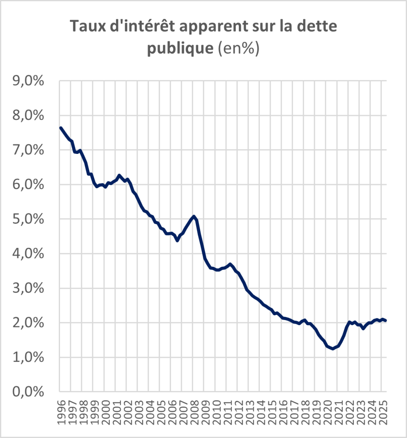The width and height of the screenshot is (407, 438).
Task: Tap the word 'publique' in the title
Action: [180, 48]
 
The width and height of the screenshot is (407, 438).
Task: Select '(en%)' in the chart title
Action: [238, 48]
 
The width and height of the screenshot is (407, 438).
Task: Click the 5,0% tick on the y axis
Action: [28, 219]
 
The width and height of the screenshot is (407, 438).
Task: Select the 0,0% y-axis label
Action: [28, 392]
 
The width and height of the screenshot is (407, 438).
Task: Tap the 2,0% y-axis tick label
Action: [28, 323]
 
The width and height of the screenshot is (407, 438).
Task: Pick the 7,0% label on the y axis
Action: [28, 150]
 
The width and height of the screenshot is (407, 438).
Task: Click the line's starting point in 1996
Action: [60, 128]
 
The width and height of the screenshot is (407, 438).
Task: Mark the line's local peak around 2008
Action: [193, 216]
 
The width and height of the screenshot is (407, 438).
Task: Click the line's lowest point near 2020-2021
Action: [333, 349]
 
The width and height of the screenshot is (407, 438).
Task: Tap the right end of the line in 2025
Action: [386, 320]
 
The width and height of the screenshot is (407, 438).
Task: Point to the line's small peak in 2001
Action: [119, 175]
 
